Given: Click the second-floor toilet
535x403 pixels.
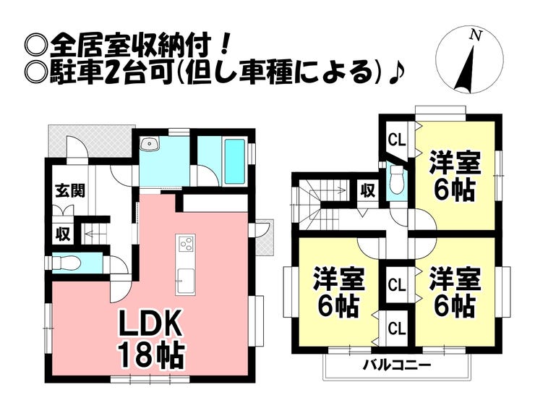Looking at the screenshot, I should click(x=395, y=181).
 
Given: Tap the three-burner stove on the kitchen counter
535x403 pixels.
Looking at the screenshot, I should click(x=184, y=243).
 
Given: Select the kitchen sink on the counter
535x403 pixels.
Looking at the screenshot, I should click(x=184, y=279).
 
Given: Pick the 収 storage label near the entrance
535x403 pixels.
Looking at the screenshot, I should click(x=64, y=234).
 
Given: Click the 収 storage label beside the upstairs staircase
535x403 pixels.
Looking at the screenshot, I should click(x=367, y=191).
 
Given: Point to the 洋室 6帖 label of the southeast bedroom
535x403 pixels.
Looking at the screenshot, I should click(x=454, y=292).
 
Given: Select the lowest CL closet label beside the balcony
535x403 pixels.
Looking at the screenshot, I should click(x=397, y=329).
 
